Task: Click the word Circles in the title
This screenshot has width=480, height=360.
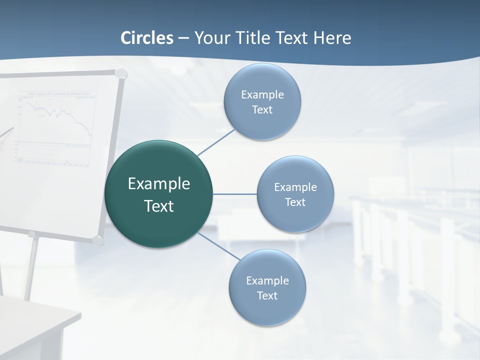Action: coord(147,38)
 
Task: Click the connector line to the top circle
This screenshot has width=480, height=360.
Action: coord(216,142)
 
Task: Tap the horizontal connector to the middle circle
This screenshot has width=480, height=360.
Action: coord(234,194)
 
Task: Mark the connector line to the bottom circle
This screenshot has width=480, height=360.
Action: coord(219,246)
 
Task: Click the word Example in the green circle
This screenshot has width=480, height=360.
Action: coord(159,184)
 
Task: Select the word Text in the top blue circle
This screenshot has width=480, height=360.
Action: coord(262,110)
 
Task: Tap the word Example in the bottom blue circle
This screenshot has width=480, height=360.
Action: coord(267,280)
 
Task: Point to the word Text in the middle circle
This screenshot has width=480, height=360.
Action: coord(295,202)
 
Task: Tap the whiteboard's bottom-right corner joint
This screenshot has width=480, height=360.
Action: coord(98,240)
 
